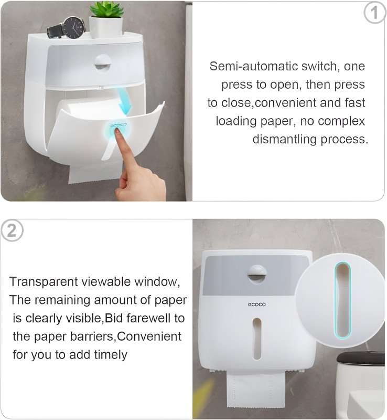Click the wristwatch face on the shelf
coord(73,28)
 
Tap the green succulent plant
coord(106,9)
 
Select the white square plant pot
coord(106,27)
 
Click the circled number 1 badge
coord(375,13)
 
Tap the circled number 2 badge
coord(12,230)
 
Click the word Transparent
coord(44,282)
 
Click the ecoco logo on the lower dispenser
coord(256,304)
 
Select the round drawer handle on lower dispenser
coord(257,274)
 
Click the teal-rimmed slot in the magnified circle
coord(342,300)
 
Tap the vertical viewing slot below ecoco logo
coord(256,339)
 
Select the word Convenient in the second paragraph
coord(149,337)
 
